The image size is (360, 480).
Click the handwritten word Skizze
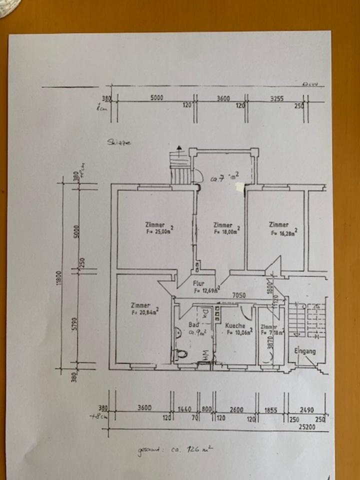point(118,142)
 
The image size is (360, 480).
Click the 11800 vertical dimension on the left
point(59,275)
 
